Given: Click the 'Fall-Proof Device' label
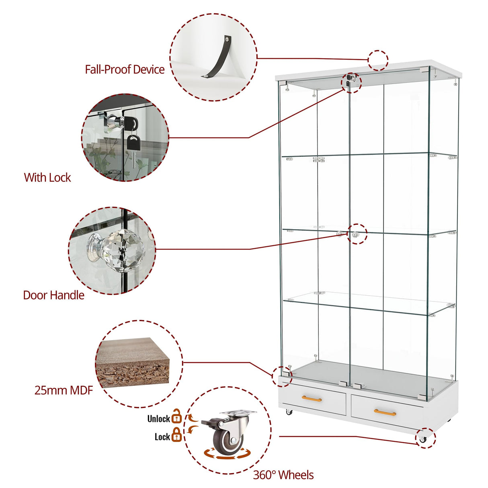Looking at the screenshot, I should [x=125, y=70].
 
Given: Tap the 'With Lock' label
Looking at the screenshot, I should [x=47, y=178].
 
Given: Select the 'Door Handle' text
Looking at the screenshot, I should [x=53, y=295].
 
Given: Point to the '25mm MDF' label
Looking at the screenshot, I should [x=64, y=390].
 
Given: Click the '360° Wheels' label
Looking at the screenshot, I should [x=283, y=475].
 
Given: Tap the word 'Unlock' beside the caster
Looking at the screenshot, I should [x=158, y=419].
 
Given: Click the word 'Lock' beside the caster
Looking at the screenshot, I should [x=162, y=437].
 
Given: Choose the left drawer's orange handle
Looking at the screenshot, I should [x=312, y=398].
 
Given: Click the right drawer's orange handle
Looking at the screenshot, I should [x=385, y=412].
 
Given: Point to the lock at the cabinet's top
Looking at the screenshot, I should [x=351, y=80].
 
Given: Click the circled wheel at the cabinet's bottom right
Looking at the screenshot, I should [x=422, y=439].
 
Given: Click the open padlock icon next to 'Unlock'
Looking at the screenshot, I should [x=177, y=416].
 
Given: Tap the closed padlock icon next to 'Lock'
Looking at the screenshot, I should [x=177, y=435].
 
